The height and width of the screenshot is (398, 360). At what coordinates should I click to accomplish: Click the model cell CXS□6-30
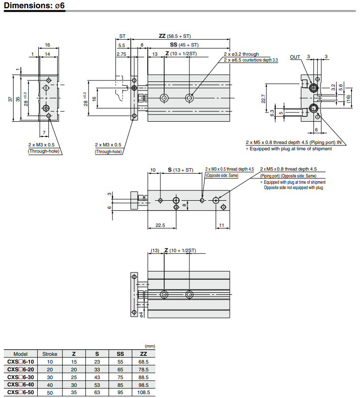(x=20, y=377)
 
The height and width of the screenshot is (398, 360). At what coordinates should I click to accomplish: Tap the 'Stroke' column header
(x=50, y=354)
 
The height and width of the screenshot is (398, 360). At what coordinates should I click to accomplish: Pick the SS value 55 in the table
(x=121, y=362)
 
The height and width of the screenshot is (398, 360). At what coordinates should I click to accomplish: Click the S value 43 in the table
(x=97, y=377)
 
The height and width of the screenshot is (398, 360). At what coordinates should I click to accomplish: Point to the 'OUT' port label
(x=295, y=57)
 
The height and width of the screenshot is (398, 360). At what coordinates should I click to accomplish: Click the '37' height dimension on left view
(x=10, y=99)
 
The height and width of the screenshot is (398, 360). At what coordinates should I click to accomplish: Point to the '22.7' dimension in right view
(x=263, y=99)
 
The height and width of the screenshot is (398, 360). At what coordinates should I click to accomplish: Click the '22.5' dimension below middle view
(x=160, y=225)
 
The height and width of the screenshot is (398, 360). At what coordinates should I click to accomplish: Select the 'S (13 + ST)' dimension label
(x=180, y=170)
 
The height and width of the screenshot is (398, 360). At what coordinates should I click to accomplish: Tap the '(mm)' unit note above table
(x=150, y=346)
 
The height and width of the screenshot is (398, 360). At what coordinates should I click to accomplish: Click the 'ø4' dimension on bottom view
(x=141, y=314)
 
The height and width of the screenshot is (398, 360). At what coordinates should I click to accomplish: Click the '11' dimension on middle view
(x=221, y=225)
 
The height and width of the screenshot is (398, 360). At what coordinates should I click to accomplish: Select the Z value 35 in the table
(x=74, y=393)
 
